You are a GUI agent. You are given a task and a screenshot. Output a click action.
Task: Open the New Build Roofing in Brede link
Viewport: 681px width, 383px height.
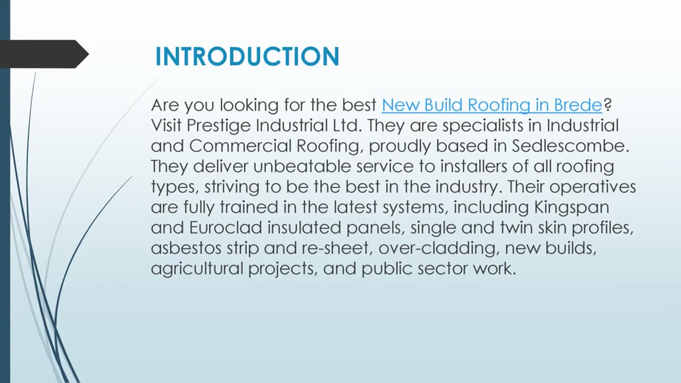(x=492, y=105)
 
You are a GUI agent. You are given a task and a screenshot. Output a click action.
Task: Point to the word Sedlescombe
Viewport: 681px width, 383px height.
(x=570, y=146)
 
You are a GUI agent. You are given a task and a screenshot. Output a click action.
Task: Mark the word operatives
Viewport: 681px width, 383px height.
(x=593, y=187)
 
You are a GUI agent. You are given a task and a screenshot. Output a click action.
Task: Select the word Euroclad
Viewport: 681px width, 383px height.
(x=226, y=227)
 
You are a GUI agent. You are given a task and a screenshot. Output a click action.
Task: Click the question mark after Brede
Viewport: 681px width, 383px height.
(x=608, y=105)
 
